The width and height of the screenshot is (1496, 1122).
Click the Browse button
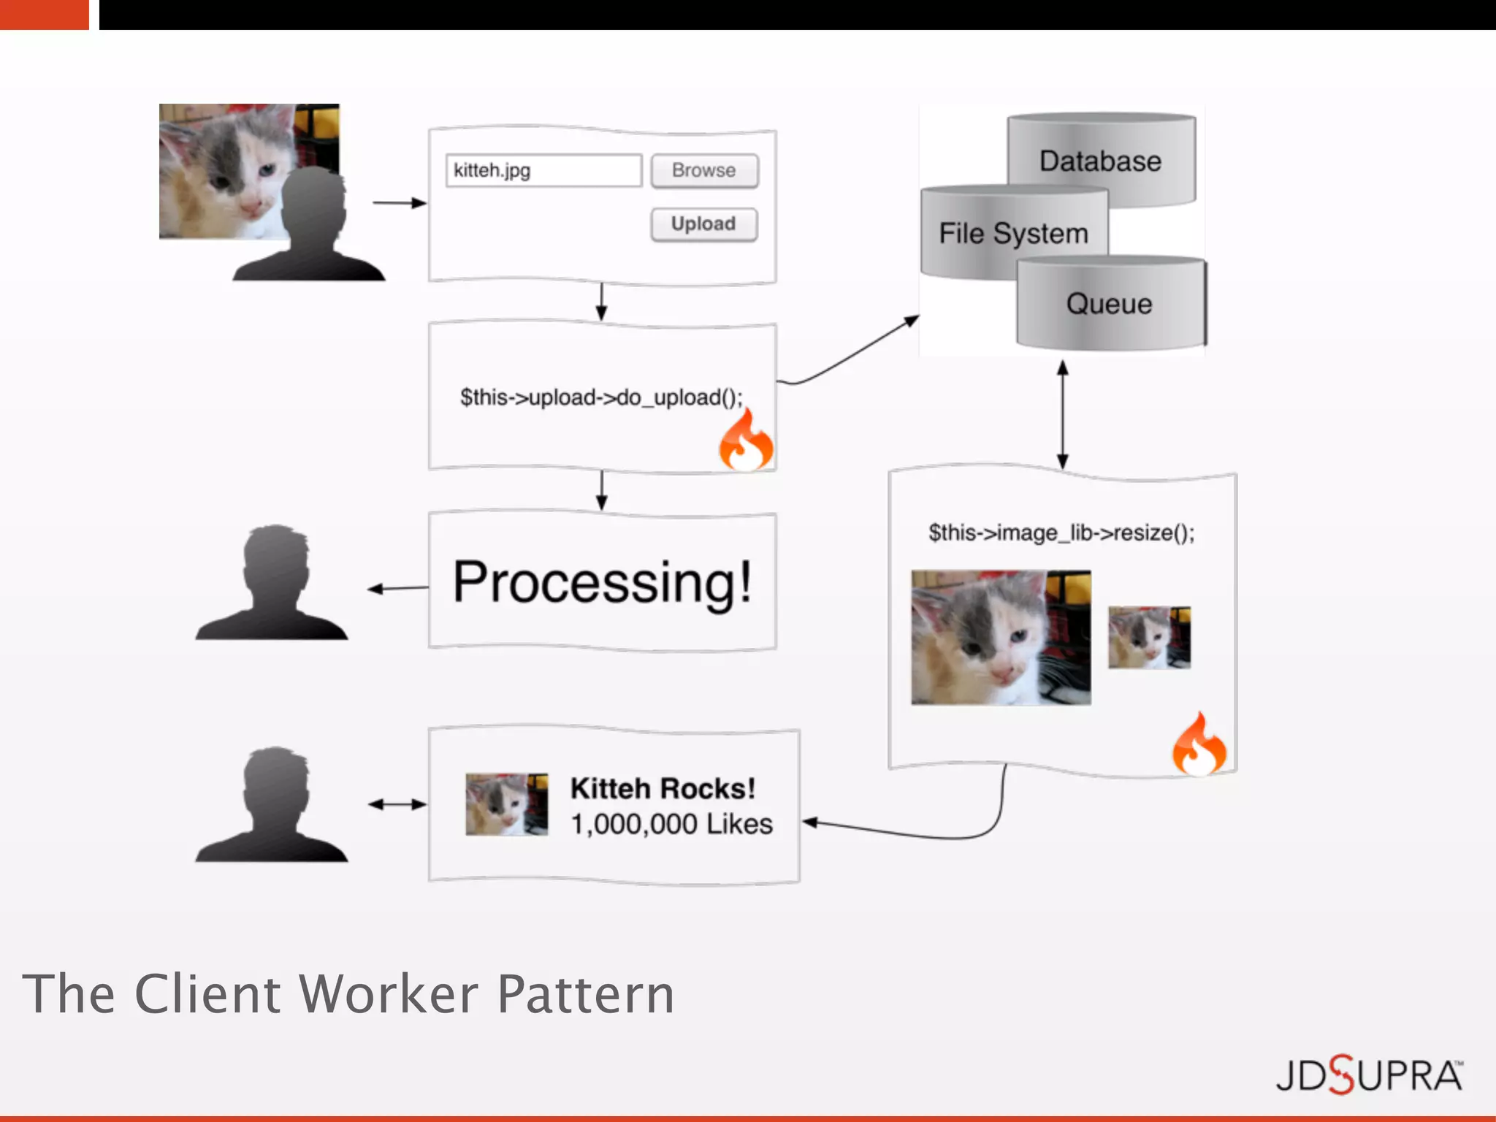tap(704, 171)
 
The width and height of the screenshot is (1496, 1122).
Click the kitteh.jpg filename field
tap(543, 171)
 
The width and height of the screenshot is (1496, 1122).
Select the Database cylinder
tap(1100, 161)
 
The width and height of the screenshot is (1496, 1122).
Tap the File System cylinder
tap(1013, 234)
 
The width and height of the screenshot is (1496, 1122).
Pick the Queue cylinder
tap(1109, 304)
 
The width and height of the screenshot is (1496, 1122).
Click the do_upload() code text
tap(600, 397)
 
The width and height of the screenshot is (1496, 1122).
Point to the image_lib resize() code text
tap(1061, 533)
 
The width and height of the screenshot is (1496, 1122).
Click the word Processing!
tap(602, 582)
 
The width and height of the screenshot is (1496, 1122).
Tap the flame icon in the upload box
tap(745, 441)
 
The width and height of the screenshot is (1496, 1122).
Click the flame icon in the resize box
tap(1199, 746)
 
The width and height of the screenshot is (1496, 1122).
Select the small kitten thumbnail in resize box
tap(1149, 637)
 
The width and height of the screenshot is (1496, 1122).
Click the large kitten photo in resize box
tap(1001, 638)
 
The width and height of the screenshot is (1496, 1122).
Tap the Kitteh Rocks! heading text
tap(663, 789)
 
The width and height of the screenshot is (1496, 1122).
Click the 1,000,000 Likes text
tap(671, 824)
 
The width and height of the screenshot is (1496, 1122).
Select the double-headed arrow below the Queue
tap(1063, 414)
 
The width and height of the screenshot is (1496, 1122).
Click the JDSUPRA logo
tap(1369, 1075)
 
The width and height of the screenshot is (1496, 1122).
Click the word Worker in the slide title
tap(389, 994)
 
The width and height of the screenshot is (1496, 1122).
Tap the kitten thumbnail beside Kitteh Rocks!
tap(506, 804)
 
